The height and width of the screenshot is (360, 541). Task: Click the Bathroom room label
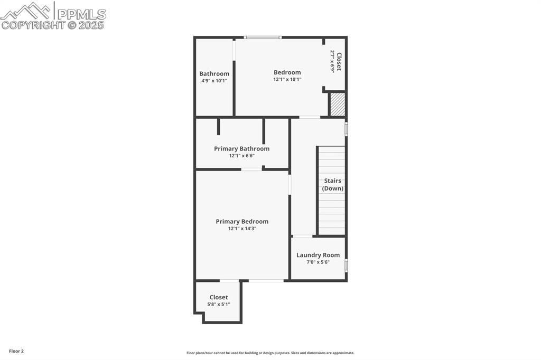(214, 74)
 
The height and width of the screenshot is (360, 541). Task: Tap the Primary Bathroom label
(241, 149)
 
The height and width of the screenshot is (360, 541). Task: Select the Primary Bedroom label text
(242, 222)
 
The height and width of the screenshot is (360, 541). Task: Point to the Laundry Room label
(318, 255)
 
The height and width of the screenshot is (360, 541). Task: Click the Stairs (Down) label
(333, 185)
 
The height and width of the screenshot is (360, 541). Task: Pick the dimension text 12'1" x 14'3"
(242, 229)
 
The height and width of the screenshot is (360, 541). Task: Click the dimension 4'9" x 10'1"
(214, 81)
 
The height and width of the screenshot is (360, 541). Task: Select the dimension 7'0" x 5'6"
(318, 262)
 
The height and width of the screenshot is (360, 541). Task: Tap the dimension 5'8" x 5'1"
(218, 304)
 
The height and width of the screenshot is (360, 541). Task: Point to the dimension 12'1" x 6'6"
(241, 156)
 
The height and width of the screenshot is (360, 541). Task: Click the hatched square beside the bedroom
(338, 105)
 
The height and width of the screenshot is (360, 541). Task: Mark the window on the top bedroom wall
(263, 37)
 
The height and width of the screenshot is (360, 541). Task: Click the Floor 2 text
(16, 351)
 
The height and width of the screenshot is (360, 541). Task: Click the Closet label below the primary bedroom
(218, 297)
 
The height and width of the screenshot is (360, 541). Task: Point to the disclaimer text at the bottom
(270, 353)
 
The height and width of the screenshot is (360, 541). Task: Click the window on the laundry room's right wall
(346, 264)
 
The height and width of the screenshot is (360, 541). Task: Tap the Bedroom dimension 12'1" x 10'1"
(287, 79)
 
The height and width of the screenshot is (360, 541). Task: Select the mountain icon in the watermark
(26, 11)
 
